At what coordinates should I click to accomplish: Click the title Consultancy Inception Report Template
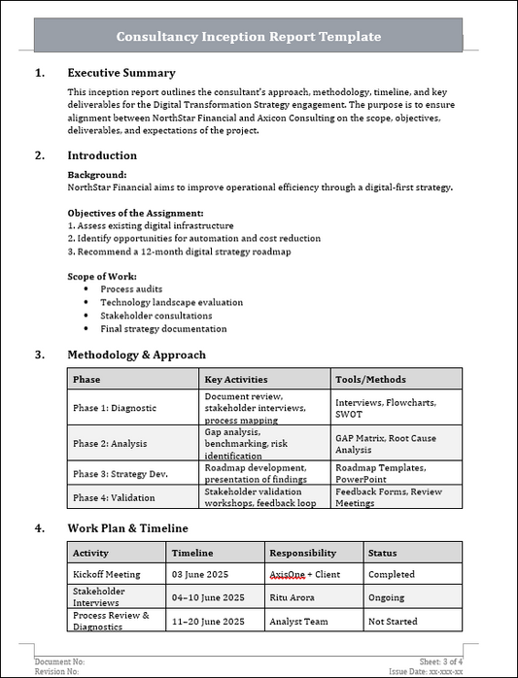[249, 36]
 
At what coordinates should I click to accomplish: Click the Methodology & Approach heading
[136, 355]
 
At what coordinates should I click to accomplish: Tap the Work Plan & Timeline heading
[127, 528]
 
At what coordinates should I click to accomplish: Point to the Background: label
[97, 175]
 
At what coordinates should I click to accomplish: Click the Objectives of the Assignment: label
[135, 213]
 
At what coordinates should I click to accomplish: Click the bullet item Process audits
[131, 289]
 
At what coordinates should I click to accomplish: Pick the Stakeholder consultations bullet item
[155, 316]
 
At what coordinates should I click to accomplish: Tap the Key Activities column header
[236, 379]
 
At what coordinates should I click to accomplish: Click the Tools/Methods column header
[370, 379]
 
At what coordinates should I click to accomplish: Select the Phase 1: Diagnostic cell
[115, 408]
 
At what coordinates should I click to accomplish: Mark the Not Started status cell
[393, 621]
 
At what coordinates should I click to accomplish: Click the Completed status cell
[391, 574]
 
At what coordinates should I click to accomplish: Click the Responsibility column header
[303, 552]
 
